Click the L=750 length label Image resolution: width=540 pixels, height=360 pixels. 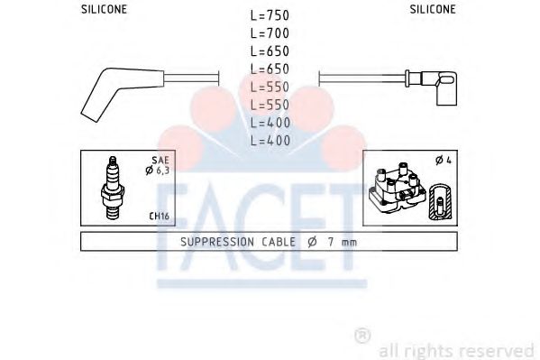pos(270,15)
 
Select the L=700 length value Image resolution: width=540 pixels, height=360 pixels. pos(270,33)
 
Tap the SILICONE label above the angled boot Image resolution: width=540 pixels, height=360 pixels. pos(104,9)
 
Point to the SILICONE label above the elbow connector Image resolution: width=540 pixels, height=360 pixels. pos(433,9)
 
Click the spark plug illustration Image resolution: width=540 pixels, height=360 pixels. pos(113,189)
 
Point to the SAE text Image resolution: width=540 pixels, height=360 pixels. pos(160,160)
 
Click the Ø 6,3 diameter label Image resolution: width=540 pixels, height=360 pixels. pos(158,170)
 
